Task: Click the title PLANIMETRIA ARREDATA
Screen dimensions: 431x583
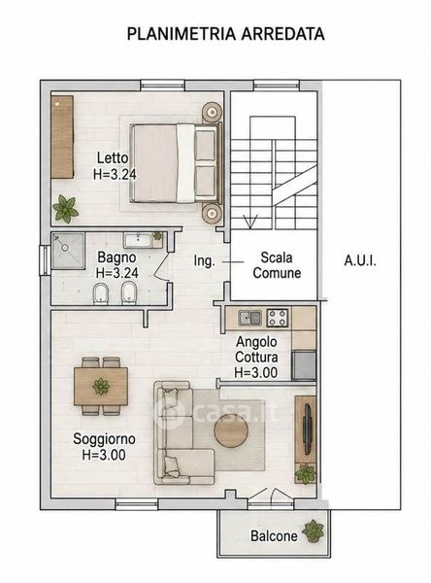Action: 225,34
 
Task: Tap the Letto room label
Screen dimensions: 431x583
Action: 113,157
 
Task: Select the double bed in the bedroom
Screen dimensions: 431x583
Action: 177,163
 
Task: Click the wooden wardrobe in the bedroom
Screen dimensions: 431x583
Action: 62,137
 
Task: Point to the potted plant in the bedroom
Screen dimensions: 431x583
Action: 65,209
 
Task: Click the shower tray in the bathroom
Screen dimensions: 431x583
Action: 68,251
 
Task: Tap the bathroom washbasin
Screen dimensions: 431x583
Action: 138,240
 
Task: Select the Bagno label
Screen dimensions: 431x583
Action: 116,257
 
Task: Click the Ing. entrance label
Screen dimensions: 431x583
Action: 205,261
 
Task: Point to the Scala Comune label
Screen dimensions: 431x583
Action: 277,265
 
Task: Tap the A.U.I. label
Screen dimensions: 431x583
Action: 360,260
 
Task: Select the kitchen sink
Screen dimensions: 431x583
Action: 249,318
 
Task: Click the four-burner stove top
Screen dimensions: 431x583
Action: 278,318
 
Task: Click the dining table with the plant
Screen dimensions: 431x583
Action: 101,387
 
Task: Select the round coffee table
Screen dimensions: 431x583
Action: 231,430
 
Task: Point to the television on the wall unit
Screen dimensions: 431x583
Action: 308,429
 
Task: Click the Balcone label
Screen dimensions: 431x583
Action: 274,535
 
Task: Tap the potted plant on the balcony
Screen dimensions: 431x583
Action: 314,532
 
